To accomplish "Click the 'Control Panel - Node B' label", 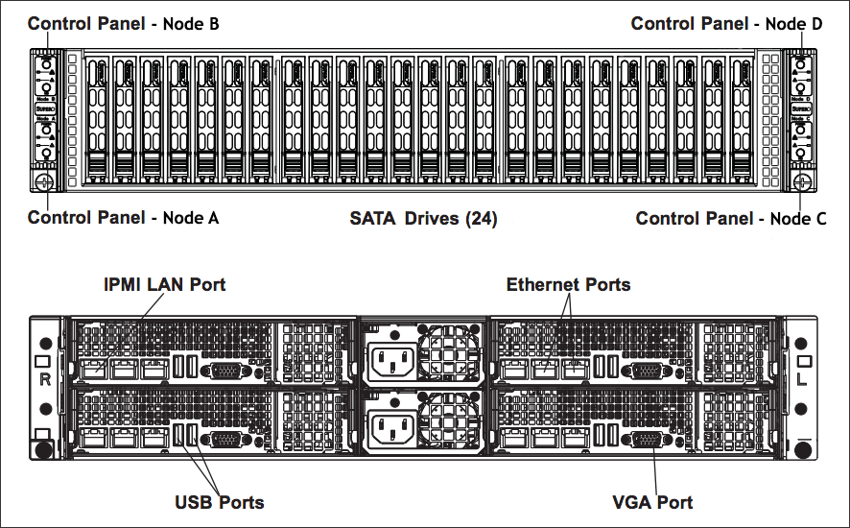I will pos(123,24).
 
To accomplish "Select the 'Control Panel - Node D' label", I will pos(726,24).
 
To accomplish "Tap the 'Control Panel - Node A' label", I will pos(123,218).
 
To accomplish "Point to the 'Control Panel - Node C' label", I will pos(731,219).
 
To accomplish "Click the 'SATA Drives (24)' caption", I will pos(423,219).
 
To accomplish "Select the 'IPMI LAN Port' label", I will pos(164,285).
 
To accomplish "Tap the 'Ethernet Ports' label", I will pos(568,284).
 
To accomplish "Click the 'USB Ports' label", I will pos(219,502).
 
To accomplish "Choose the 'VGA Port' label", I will pos(652,502).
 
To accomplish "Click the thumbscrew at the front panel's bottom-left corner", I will pos(41,179).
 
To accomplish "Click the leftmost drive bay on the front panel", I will pos(98,120).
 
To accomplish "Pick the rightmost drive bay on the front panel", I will pos(742,120).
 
